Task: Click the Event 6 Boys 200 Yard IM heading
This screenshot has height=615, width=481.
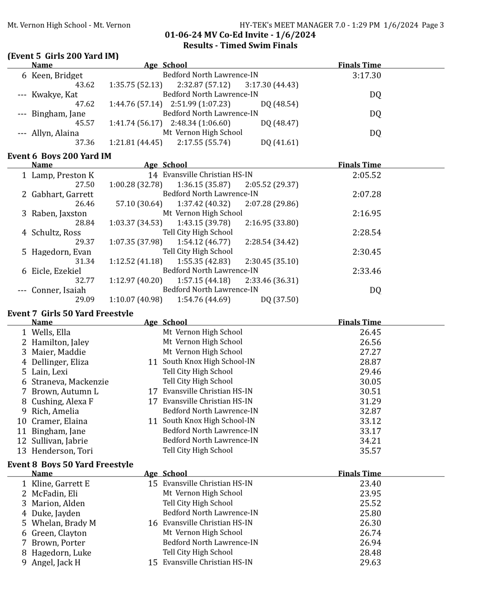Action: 59,156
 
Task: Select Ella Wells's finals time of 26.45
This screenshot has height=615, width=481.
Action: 370,332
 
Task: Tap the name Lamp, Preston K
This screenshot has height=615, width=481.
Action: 63,175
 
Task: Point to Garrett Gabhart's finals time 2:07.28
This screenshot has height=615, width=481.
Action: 366,194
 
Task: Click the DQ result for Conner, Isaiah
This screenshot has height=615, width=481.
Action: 375,290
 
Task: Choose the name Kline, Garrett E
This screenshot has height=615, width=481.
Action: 61,484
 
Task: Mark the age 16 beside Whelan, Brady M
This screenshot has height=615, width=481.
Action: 153,523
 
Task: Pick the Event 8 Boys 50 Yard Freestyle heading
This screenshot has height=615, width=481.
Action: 70,464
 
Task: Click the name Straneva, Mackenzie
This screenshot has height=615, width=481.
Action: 70,382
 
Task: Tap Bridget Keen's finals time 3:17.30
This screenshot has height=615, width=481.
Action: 366,75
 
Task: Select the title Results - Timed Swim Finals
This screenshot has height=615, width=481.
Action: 240,45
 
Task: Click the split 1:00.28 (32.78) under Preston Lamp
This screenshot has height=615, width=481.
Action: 135,185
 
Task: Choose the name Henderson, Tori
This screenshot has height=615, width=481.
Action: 62,451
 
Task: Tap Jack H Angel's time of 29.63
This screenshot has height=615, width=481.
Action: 370,563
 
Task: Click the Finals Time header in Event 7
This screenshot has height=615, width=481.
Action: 359,322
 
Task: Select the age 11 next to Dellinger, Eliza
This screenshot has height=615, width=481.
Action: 153,362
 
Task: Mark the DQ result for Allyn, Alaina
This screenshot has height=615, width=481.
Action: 375,133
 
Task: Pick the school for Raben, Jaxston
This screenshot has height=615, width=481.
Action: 202,213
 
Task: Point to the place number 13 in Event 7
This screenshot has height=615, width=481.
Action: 22,451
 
